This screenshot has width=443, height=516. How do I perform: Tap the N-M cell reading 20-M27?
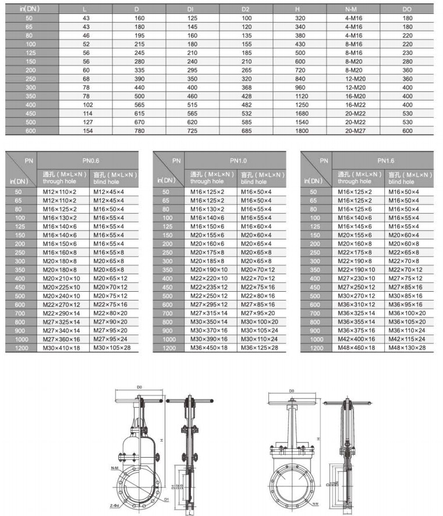coord(354,131)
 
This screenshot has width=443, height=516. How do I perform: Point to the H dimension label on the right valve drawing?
coord(318,439)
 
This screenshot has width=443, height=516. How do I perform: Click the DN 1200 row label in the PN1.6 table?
coord(314,348)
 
